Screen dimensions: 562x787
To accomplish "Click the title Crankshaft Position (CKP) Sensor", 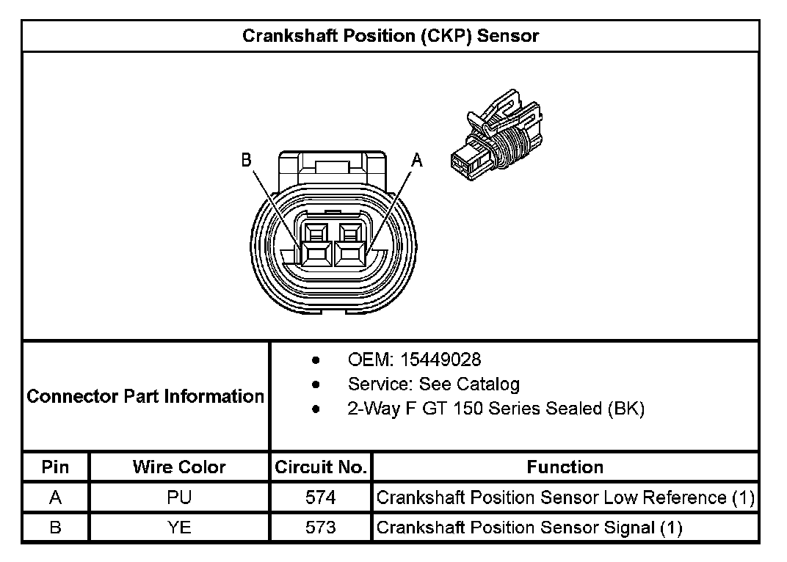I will pyautogui.click(x=390, y=36).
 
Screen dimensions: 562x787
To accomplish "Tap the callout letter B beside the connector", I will pyautogui.click(x=247, y=159).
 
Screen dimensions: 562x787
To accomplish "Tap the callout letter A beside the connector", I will pyautogui.click(x=417, y=159).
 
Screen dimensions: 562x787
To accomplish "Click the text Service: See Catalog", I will pyautogui.click(x=433, y=384).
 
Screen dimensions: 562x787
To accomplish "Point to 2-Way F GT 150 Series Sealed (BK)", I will pyautogui.click(x=496, y=409).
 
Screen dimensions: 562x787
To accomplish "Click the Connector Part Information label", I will pyautogui.click(x=145, y=397).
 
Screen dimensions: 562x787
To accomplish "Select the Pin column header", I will pyautogui.click(x=56, y=467).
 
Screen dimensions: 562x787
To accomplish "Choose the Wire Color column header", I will pyautogui.click(x=179, y=467).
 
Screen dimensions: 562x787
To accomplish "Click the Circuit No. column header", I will pyautogui.click(x=321, y=467).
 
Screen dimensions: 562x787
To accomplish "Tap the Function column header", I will pyautogui.click(x=565, y=467).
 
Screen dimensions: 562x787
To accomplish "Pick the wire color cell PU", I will pyautogui.click(x=179, y=497).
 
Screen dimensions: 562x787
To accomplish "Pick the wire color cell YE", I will pyautogui.click(x=179, y=528).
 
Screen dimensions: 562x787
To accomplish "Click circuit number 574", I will pyautogui.click(x=321, y=497).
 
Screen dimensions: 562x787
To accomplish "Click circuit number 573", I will pyautogui.click(x=321, y=528).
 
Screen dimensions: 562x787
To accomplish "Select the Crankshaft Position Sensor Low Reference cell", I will pyautogui.click(x=565, y=497).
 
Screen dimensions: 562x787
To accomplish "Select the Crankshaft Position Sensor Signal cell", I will pyautogui.click(x=529, y=528).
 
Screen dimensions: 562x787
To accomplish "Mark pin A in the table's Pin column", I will pyautogui.click(x=56, y=497).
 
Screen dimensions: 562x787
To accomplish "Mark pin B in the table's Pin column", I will pyautogui.click(x=56, y=528).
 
